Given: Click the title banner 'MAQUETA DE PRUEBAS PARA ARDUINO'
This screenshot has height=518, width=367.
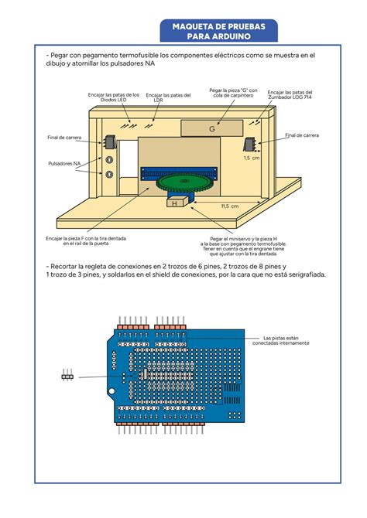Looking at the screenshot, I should (218, 32).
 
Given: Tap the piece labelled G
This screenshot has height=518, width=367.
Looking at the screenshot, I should (211, 129).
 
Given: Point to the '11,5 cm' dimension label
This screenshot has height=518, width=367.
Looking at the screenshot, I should (230, 206).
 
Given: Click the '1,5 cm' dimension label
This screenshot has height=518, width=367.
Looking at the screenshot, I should (251, 158).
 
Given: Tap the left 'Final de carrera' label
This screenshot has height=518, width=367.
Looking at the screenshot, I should (63, 138).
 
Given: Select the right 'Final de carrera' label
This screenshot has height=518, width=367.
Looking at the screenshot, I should (301, 135).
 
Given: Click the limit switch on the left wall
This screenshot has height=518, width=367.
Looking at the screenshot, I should (108, 141).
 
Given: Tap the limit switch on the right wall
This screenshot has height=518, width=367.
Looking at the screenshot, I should (250, 144).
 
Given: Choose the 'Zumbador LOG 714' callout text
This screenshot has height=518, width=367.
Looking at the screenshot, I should (290, 97).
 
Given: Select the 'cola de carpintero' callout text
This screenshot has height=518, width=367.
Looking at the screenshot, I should (233, 94).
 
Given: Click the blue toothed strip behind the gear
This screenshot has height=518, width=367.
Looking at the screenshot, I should (178, 171).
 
